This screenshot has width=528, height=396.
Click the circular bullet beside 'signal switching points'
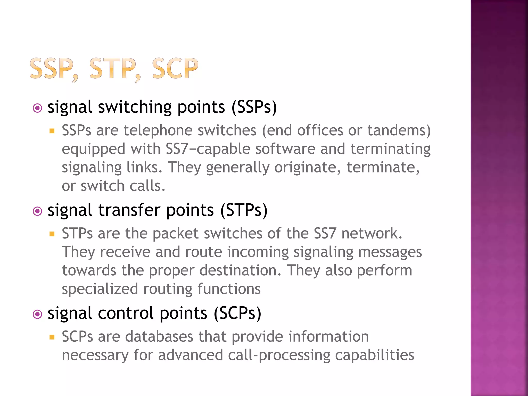38,108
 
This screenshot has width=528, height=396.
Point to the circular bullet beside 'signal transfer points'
38,211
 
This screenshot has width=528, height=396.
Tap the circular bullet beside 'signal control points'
38,314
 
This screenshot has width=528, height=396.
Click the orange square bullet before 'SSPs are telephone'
52,131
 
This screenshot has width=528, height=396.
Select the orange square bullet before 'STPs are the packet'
52,234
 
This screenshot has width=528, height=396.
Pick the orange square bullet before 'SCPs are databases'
52,337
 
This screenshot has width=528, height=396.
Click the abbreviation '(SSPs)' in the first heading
254,107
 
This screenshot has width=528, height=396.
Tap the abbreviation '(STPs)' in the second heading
244,210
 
